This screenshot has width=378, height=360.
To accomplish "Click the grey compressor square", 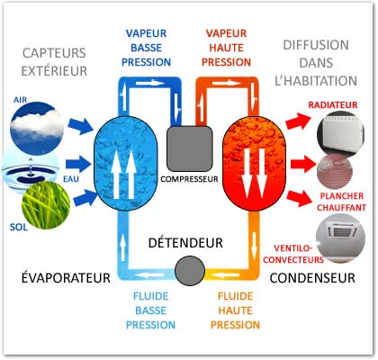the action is point(190,148).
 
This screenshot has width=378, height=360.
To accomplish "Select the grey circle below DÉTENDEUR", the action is point(190,271).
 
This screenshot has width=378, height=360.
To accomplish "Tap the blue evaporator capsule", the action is point(126,163).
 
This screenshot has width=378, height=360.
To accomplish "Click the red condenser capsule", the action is point(254,163).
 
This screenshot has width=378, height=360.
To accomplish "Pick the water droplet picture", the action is point(30,170).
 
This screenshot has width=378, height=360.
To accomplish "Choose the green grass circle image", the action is point(46,205).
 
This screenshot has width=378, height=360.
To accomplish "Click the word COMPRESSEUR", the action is point(189,179).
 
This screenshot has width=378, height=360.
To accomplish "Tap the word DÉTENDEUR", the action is point(185,243).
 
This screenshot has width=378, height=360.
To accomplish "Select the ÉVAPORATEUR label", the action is point(66,277).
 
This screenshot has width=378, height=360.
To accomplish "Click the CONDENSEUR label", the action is point(312,278).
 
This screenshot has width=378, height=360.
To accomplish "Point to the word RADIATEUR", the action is point(333,105).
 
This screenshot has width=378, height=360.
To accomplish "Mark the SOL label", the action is point(19,227).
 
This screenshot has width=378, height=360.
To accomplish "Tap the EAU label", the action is point(71,179).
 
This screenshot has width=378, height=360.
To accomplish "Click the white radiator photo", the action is point(341,134).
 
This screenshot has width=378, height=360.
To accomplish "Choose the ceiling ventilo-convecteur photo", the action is point(342,238).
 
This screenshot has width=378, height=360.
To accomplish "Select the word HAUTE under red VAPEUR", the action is point(226,48).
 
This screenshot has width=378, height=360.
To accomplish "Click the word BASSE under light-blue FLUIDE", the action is point(150,310).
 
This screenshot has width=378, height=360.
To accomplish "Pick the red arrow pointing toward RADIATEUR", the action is point(299,121).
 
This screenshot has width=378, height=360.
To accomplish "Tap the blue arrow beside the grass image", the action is point(85,199).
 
